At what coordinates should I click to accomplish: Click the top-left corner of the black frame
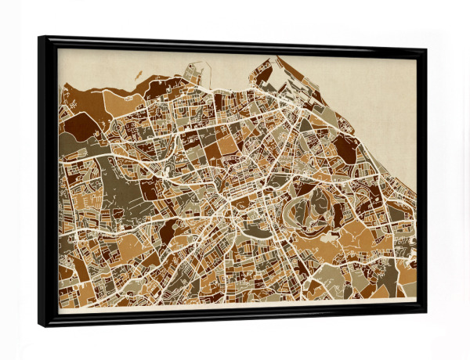[x=39, y=38]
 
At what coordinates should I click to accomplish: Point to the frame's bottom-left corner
[x=41, y=325]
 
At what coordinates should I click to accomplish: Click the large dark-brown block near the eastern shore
[x=345, y=149]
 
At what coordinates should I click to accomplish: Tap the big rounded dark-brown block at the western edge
[x=77, y=125]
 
